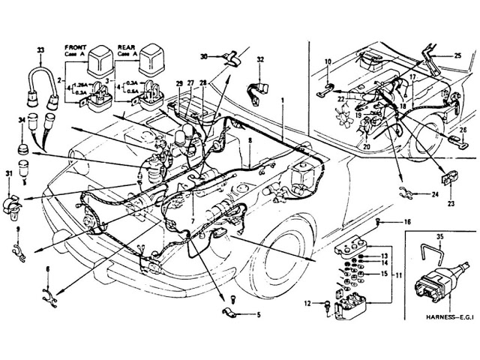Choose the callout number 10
pos(328,61)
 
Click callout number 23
pos(451,202)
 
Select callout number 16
pos(408,223)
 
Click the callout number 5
pos(259,316)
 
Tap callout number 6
pos(46,268)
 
